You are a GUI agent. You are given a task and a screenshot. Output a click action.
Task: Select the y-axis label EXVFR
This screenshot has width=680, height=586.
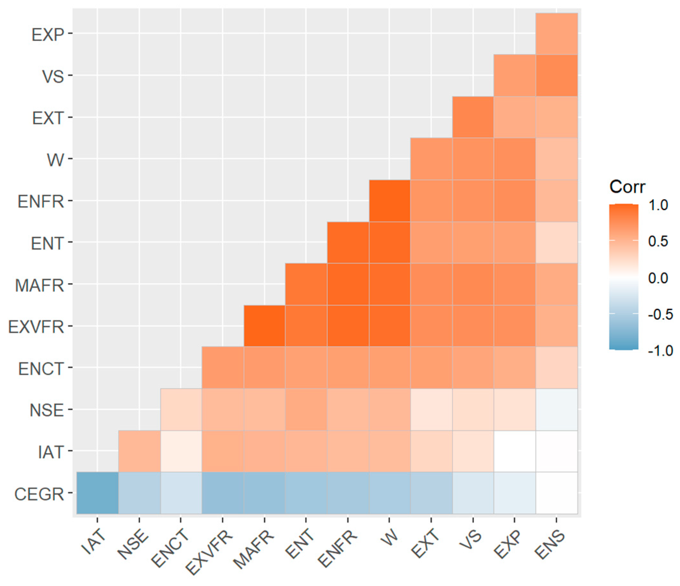coord(36,327)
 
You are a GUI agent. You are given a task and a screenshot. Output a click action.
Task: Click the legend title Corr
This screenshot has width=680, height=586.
coord(627,187)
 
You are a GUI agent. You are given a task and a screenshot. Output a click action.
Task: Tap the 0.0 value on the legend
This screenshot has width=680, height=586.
coord(658,278)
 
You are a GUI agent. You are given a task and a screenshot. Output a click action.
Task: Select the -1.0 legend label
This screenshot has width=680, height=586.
coord(660,351)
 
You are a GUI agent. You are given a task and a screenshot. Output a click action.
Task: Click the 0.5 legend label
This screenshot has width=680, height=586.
coord(658,241)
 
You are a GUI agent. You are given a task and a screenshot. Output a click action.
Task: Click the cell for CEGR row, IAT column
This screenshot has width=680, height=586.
coord(97,493)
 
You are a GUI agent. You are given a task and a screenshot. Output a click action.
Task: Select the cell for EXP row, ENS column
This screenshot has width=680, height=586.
coord(557,34)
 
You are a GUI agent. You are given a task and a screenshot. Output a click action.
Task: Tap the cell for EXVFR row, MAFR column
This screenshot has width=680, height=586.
coord(265,326)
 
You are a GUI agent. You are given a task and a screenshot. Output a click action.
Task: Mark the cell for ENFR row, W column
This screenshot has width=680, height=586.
coord(389,201)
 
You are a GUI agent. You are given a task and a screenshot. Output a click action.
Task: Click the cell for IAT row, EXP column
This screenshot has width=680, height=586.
coord(515,451)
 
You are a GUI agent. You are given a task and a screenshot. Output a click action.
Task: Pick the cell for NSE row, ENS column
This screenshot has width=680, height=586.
coord(557,409)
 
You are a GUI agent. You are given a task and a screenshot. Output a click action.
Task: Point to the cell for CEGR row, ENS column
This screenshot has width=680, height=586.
coord(557,493)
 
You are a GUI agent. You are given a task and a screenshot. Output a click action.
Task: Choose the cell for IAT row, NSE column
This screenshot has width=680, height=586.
coord(139,451)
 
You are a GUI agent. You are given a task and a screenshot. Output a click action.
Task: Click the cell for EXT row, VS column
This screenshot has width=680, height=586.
coord(473,117)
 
